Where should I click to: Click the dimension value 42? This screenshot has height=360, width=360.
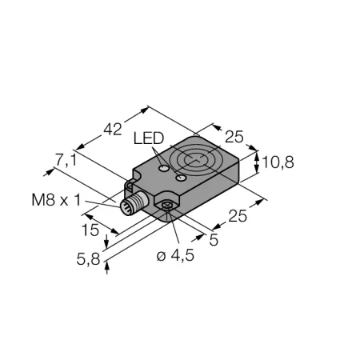point(113,129)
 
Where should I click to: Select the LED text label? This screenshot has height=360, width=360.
point(149,138)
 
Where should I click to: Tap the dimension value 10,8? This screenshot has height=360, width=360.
point(278,162)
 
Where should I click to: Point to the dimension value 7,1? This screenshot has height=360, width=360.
point(66,160)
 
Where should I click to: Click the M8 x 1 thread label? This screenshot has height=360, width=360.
point(56,200)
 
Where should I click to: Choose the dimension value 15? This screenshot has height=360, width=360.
point(90,230)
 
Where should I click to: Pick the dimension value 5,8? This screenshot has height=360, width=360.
point(88,259)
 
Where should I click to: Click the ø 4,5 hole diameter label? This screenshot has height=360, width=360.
point(175,256)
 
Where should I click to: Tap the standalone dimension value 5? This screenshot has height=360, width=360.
point(214,240)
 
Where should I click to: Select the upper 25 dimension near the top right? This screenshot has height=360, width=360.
point(234,137)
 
